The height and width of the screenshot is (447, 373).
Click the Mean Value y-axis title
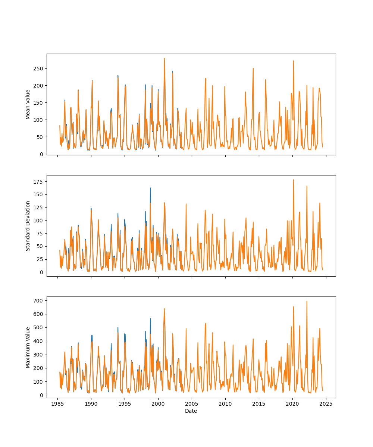[28, 104]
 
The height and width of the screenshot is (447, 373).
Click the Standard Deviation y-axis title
[28, 226]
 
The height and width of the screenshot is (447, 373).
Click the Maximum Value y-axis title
[28, 347]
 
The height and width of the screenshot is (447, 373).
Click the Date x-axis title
[191, 411]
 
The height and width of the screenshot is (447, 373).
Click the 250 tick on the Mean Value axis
[38, 69]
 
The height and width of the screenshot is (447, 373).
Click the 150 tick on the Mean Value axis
[38, 103]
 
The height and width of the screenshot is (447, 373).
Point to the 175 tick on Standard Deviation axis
[38, 182]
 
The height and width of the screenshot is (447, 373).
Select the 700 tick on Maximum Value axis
[38, 300]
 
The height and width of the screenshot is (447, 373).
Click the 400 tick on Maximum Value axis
[38, 341]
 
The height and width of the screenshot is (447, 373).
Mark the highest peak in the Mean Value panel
[164, 58]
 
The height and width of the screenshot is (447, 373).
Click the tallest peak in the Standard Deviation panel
[293, 180]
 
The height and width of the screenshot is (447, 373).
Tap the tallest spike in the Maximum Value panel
[307, 301]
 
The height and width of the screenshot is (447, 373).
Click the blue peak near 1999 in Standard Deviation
[150, 188]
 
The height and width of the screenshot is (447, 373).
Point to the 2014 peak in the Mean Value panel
[253, 68]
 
